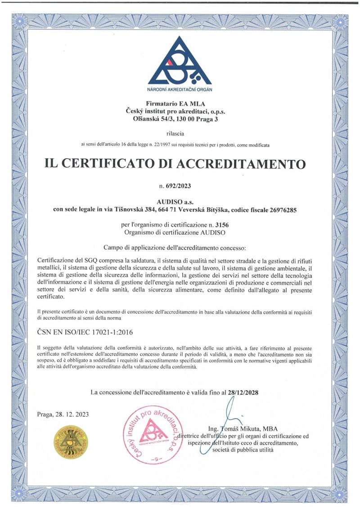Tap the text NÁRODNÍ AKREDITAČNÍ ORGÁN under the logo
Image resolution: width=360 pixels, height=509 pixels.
(180, 89)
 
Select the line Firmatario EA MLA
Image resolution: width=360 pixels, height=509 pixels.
(180, 104)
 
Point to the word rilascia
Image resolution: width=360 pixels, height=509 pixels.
(180, 134)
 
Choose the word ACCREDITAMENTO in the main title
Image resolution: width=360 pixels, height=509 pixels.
(249, 163)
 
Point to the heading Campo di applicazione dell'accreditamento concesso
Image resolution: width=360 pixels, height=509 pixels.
(180, 247)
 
